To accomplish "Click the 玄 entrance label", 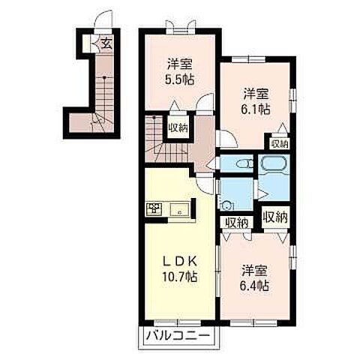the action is click(106, 44).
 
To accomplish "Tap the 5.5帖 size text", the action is click(179, 79).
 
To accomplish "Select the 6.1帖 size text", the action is click(256, 109).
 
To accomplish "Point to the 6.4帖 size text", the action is click(254, 286).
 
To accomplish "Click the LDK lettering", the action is click(180, 262).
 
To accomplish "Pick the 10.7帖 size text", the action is click(180, 277).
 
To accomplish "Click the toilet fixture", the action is click(244, 164).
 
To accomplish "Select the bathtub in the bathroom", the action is click(274, 163).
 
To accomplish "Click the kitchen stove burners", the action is click(154, 208).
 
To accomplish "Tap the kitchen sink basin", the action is click(179, 209).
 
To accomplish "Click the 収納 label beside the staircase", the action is click(178, 128).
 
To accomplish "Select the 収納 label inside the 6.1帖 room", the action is click(280, 144).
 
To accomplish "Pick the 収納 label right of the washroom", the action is click(275, 217).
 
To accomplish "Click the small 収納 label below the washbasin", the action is click(236, 222).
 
